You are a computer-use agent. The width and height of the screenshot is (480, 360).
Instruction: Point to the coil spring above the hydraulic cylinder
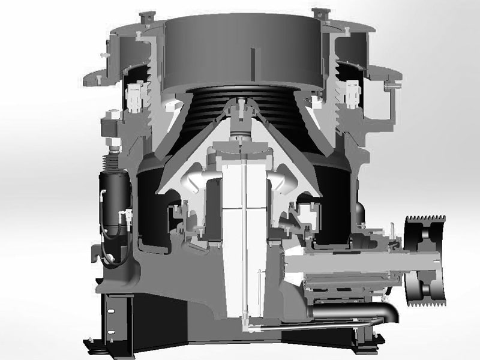click(112, 159)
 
